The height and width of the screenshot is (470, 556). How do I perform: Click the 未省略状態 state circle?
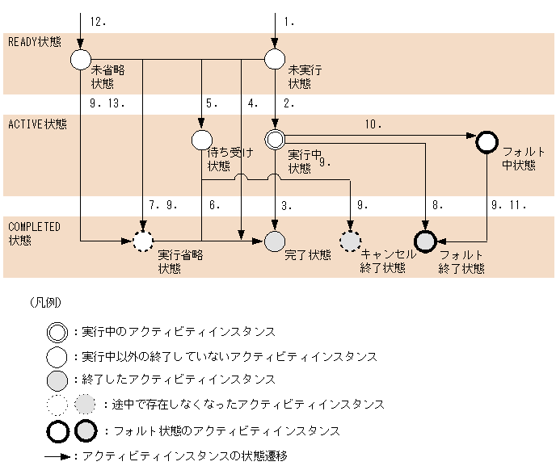[81, 59]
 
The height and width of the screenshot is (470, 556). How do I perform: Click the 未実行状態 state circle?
[275, 59]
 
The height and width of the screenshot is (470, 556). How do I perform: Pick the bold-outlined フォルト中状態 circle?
[486, 142]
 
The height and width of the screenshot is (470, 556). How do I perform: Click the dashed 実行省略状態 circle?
[143, 241]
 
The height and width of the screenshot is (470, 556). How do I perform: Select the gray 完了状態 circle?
[275, 241]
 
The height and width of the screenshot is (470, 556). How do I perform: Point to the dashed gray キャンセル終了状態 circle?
[351, 241]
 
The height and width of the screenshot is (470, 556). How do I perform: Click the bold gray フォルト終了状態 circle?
[425, 241]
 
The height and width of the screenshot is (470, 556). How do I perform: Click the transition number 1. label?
[289, 22]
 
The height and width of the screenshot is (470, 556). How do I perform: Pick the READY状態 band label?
[34, 41]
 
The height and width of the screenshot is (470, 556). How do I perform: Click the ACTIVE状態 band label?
[37, 124]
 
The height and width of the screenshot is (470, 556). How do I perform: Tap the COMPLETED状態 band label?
[34, 233]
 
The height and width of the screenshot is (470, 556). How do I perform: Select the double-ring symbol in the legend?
[57, 332]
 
